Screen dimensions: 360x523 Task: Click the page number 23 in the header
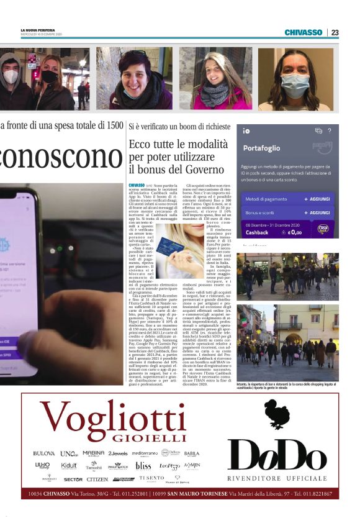[335, 32]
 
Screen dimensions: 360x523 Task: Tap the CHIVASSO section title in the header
[304, 32]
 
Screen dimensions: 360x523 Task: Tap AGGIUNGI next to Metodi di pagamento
[318, 198]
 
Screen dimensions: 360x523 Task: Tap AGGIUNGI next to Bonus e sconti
[318, 212]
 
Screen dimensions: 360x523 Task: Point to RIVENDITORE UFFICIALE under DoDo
[278, 478]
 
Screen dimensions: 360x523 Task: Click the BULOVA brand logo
[43, 453]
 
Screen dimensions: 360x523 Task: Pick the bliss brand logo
[143, 466]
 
